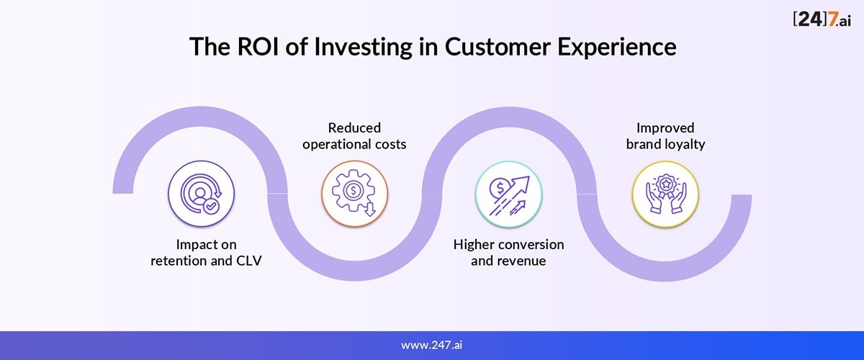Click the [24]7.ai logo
pos(822,19)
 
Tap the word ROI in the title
pos(257,47)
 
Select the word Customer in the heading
pos(498,47)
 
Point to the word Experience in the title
pos(617,48)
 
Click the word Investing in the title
pos(363,48)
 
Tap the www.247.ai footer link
pos(431,345)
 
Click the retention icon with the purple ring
pos(201,193)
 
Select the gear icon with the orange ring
pos(354,193)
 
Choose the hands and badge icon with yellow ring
pos(665,194)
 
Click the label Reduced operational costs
pos(354,136)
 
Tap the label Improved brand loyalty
pos(665,136)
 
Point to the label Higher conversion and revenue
pos(508,252)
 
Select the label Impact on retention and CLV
pos(206,252)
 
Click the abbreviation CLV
pos(249,261)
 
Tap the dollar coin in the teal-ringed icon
pos(500,188)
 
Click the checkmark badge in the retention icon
pos(211,206)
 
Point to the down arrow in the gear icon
pos(370,209)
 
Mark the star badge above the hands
pos(666,184)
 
